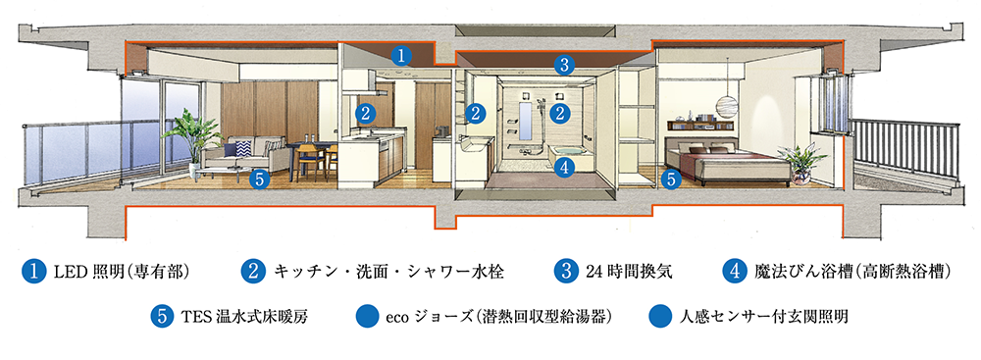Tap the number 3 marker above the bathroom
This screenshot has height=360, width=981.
coord(563,67)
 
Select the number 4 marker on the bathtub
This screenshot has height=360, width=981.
coord(563,168)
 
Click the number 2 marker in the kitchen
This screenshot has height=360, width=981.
coord(364,113)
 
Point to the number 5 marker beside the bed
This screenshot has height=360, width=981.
coord(671,180)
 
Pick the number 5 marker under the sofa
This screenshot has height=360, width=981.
coord(259,179)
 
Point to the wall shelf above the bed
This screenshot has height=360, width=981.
coord(698,125)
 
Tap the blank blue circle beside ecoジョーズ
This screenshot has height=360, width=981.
coord(367,317)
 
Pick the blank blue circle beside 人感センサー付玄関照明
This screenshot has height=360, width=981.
coord(660,317)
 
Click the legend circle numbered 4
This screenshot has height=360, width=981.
coord(734,270)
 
